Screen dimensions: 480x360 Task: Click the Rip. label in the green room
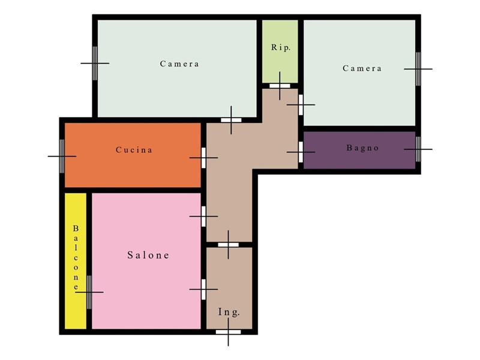[x=280, y=47]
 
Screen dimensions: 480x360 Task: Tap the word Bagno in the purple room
[x=363, y=148]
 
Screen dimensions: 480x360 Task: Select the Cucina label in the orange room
[x=134, y=149]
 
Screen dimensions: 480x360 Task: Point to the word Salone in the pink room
[x=148, y=255]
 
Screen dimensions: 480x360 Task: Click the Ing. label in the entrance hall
[x=229, y=312]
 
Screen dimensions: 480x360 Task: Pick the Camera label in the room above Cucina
[x=179, y=64]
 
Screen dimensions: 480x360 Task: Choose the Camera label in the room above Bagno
[x=362, y=68]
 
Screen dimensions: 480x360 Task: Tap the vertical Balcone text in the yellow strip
[x=76, y=258]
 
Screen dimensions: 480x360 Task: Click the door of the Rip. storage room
[x=280, y=86]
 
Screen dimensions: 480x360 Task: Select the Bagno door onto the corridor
[x=301, y=152]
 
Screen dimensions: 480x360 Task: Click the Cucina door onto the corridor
[x=203, y=158]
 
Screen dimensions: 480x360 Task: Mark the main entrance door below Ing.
[x=229, y=332]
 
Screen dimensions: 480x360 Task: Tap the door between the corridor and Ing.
[x=229, y=245]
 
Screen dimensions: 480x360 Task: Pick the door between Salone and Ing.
[x=203, y=289]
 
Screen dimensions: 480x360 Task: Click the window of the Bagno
[x=418, y=149]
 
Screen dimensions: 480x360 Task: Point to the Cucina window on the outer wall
[x=62, y=156]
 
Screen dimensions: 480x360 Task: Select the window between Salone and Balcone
[x=89, y=292]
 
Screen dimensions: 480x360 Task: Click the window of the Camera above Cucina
[x=95, y=64]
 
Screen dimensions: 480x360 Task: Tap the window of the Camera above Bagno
[x=418, y=69]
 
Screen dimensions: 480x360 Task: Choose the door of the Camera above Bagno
[x=301, y=104]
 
